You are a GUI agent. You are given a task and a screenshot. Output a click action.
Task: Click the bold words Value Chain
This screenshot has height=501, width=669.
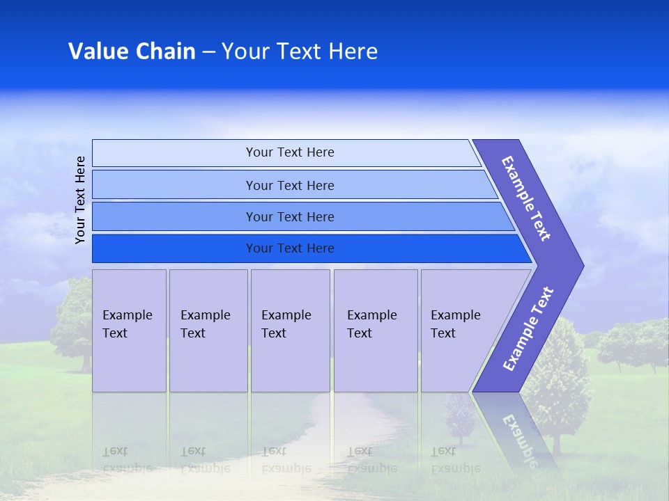pyautogui.click(x=132, y=51)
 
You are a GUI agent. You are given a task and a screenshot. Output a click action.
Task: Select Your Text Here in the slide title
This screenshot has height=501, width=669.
pyautogui.click(x=300, y=51)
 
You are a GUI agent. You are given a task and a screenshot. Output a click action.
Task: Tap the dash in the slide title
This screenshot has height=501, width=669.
pyautogui.click(x=208, y=52)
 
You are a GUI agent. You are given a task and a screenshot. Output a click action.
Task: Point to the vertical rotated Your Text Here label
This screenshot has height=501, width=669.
pyautogui.click(x=80, y=200)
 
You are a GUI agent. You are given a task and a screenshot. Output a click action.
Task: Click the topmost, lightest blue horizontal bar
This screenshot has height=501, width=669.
pyautogui.click(x=290, y=152)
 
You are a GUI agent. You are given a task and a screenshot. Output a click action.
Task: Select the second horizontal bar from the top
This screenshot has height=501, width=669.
pyautogui.click(x=290, y=185)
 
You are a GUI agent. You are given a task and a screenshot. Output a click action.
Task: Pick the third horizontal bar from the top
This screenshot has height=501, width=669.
pyautogui.click(x=290, y=216)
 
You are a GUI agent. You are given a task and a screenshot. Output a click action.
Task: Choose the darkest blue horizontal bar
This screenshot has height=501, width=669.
pyautogui.click(x=290, y=248)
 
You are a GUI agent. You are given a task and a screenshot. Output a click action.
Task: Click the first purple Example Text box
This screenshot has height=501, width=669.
pyautogui.click(x=129, y=331)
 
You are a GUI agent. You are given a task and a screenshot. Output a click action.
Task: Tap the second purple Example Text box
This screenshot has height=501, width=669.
pyautogui.click(x=208, y=331)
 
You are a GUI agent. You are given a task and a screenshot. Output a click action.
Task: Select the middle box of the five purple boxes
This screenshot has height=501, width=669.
pyautogui.click(x=290, y=331)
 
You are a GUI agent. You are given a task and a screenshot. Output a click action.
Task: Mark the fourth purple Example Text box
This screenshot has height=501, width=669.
pyautogui.click(x=375, y=331)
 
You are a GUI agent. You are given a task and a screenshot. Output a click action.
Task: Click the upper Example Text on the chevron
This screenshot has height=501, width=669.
pyautogui.click(x=526, y=198)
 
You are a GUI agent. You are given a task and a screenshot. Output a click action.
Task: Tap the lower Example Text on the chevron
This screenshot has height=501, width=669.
pyautogui.click(x=528, y=328)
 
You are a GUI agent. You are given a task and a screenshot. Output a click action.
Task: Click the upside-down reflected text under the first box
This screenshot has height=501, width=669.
pyautogui.click(x=127, y=459)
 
